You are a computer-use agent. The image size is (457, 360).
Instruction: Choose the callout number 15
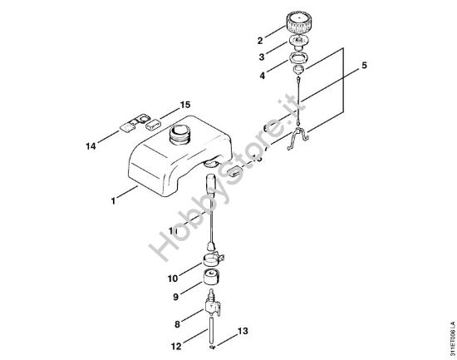(x=184, y=105)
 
